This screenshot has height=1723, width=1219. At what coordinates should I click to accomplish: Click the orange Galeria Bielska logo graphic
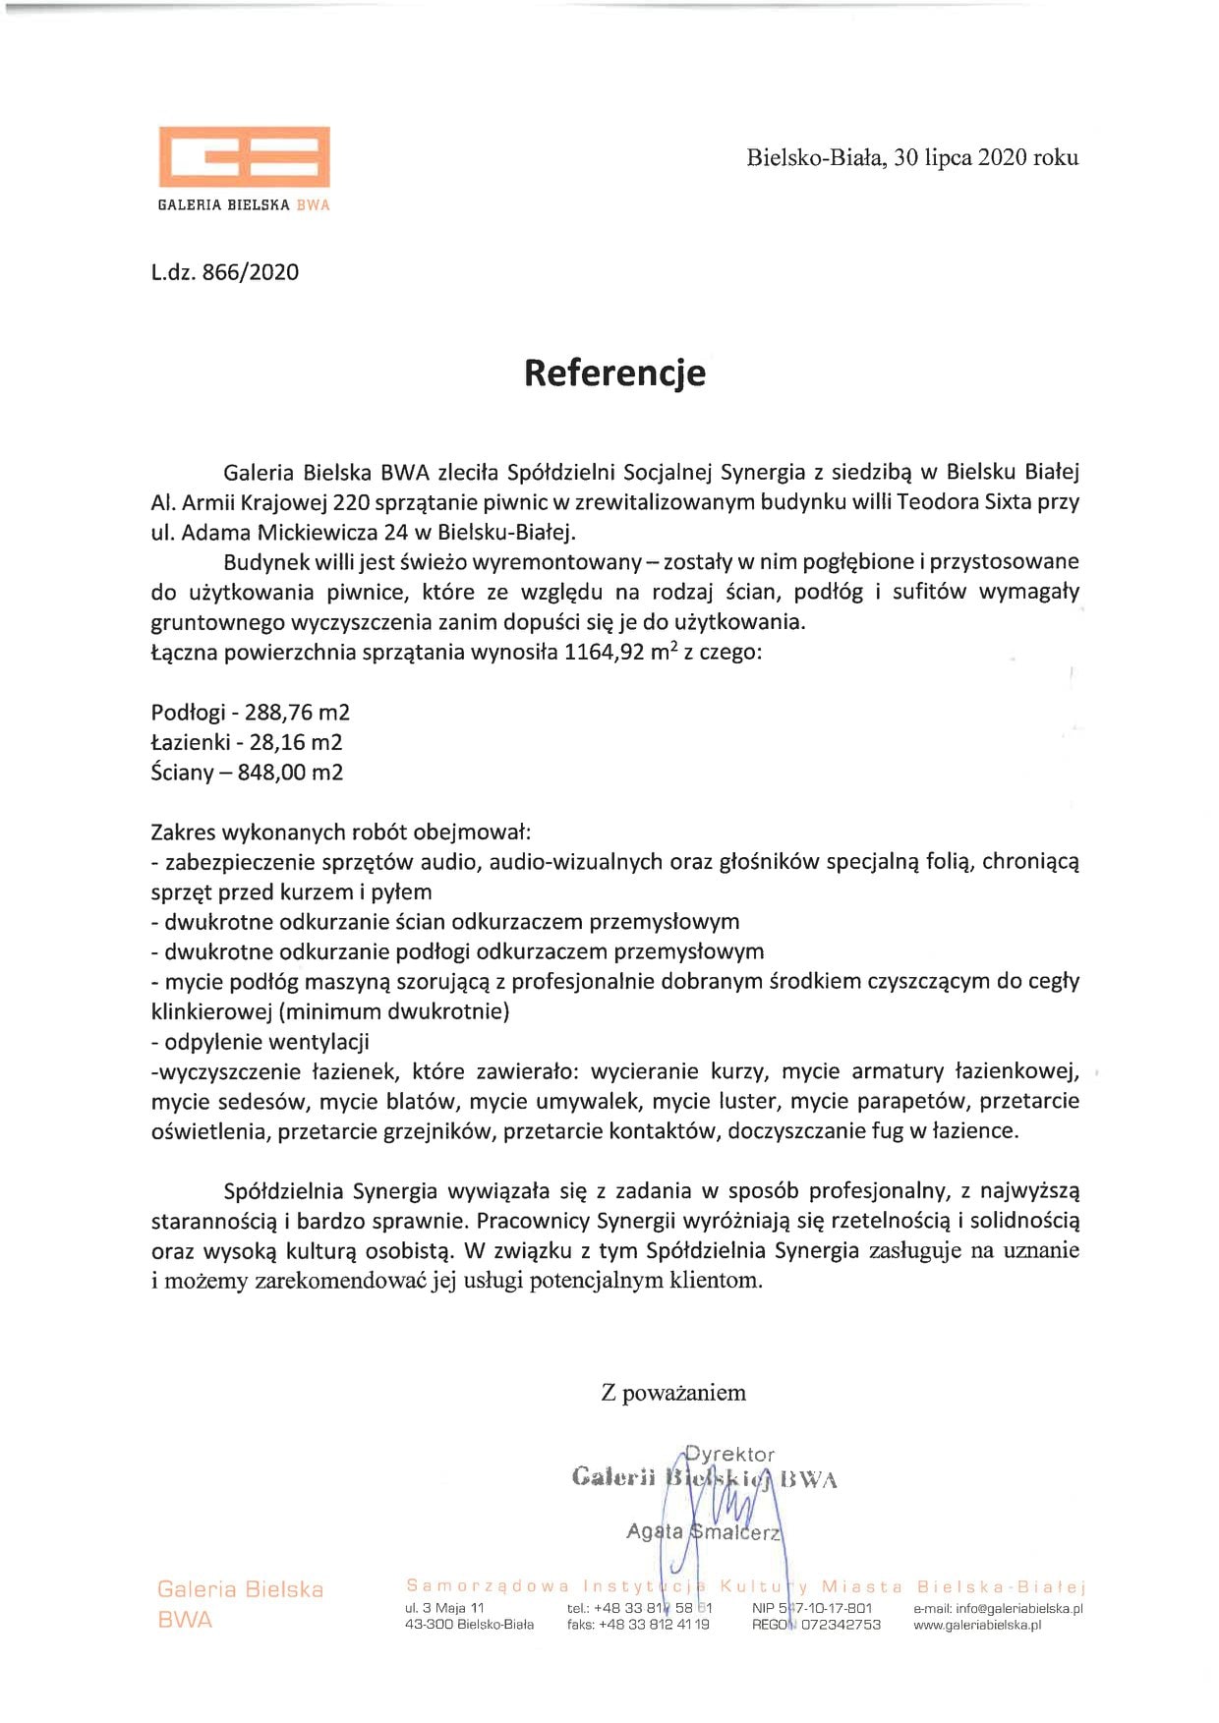click(x=244, y=157)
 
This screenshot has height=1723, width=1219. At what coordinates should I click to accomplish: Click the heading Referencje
click(x=614, y=373)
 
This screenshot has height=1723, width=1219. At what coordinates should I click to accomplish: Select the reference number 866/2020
click(x=250, y=272)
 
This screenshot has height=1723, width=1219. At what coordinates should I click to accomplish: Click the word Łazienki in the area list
click(x=191, y=742)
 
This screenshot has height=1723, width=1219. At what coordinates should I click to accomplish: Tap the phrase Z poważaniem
click(x=673, y=1393)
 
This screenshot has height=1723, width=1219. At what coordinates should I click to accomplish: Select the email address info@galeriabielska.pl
click(x=1018, y=1609)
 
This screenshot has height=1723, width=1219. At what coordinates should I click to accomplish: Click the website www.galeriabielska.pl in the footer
click(x=977, y=1625)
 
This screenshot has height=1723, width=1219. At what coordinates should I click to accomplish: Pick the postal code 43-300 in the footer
click(x=429, y=1625)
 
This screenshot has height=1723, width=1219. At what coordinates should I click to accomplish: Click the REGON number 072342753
click(x=841, y=1625)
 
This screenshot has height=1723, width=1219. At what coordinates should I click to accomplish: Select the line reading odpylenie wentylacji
click(x=261, y=1041)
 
